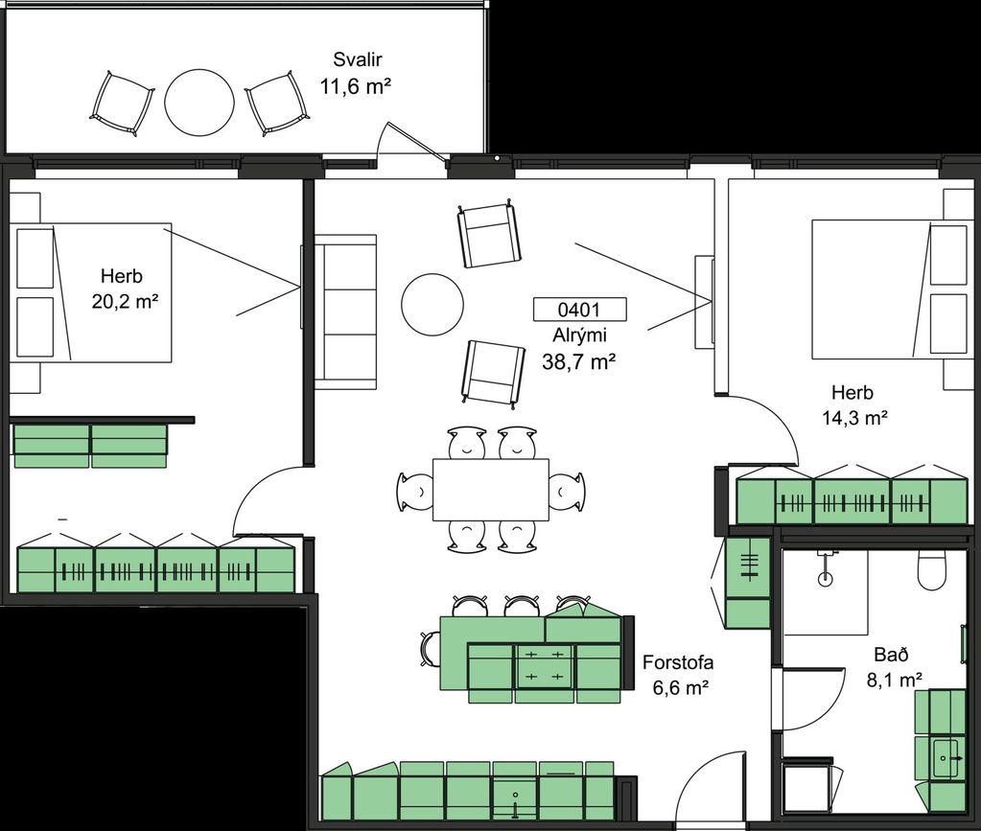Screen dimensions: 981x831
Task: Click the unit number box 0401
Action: pos(579,309)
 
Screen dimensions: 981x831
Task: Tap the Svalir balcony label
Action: pos(358,60)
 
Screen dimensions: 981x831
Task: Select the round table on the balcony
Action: pos(199,102)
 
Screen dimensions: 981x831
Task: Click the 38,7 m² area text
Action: pos(579,361)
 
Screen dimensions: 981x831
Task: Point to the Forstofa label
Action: pos(678,662)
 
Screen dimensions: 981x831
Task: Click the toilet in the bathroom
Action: pos(931,569)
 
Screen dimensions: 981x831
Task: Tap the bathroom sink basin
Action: pos(948,758)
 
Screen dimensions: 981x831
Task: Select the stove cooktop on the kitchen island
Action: pos(544,665)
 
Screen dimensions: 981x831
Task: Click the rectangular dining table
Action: pos(491,490)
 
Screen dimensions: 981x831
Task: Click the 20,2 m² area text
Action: pos(125,302)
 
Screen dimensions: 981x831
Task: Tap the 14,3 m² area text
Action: pos(854,418)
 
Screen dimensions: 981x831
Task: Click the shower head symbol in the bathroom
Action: pos(826,571)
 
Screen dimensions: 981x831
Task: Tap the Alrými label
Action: pos(579,335)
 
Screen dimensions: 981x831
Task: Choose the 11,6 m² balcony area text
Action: pos(356,86)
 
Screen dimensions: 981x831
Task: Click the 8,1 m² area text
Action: pos(895,680)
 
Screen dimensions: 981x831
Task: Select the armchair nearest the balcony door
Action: pos(489,235)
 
